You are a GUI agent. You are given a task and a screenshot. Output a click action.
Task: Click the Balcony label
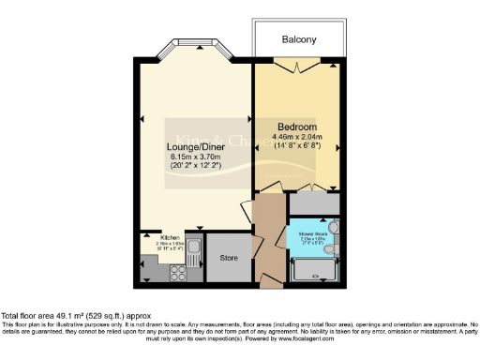pyautogui.click(x=299, y=40)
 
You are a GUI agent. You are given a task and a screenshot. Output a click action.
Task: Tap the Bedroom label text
pyautogui.click(x=297, y=127)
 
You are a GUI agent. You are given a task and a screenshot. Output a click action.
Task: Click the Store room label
pyautogui.click(x=229, y=257)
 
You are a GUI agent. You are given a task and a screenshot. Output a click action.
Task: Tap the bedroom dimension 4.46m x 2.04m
pyautogui.click(x=303, y=137)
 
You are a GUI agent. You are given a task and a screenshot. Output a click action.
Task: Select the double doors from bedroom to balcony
pyautogui.click(x=298, y=66)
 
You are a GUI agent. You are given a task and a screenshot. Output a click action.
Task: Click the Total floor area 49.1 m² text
pyautogui.click(x=75, y=316)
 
